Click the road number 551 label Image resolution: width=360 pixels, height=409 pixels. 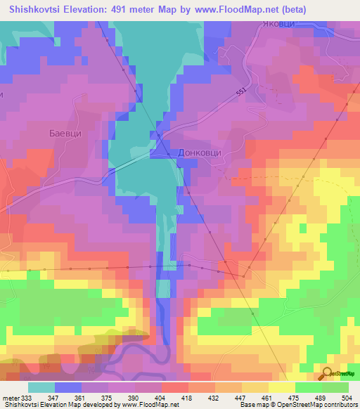242,92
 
